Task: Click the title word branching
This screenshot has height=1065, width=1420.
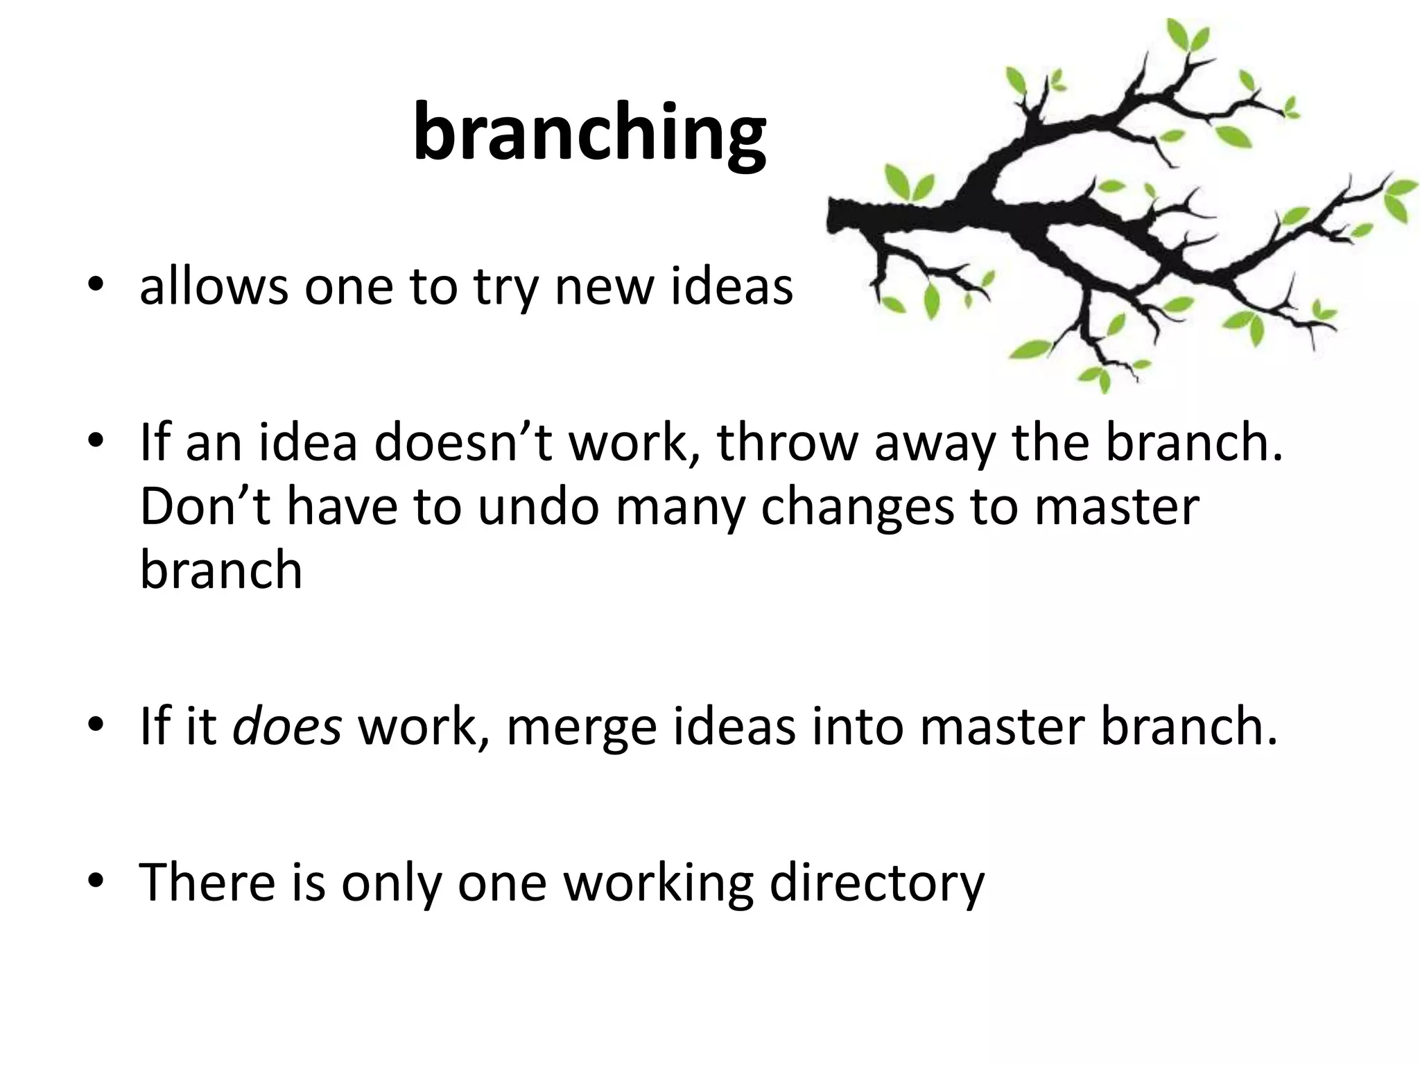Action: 589,134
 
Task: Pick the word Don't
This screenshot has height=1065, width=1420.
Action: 205,506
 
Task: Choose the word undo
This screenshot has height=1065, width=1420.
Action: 537,506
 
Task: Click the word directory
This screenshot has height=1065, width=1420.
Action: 877,883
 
